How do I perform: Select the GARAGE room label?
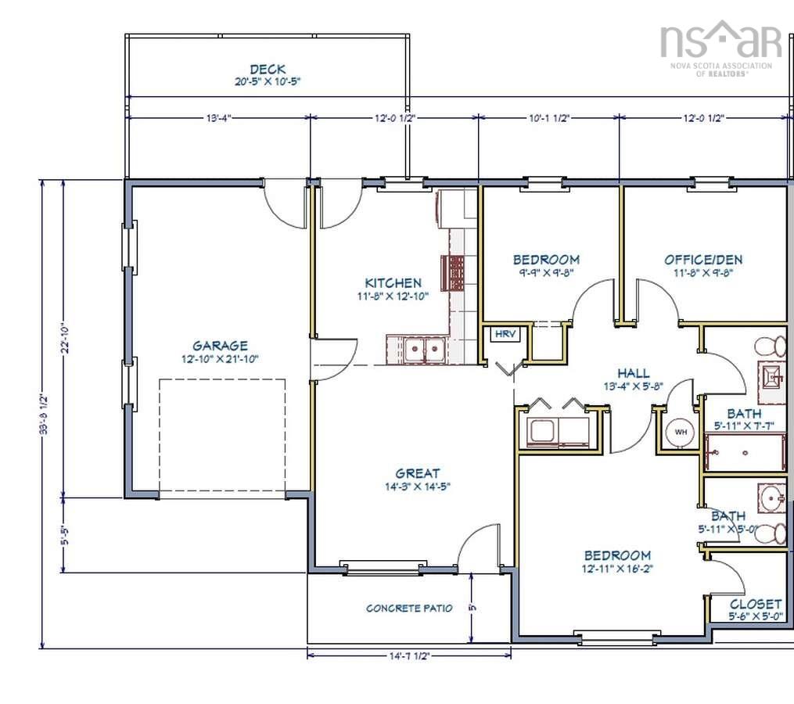click(x=221, y=345)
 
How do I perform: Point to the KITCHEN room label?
click(x=393, y=282)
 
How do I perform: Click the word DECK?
click(x=267, y=69)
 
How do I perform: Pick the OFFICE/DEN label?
click(x=703, y=260)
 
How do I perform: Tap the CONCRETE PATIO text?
click(x=409, y=608)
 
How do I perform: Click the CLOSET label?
click(x=755, y=604)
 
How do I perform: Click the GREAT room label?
click(x=417, y=472)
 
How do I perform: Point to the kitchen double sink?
click(x=416, y=350)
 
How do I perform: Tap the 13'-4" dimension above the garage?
click(x=218, y=118)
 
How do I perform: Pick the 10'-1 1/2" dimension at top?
click(x=548, y=118)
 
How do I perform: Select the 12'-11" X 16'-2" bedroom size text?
click(x=617, y=569)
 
